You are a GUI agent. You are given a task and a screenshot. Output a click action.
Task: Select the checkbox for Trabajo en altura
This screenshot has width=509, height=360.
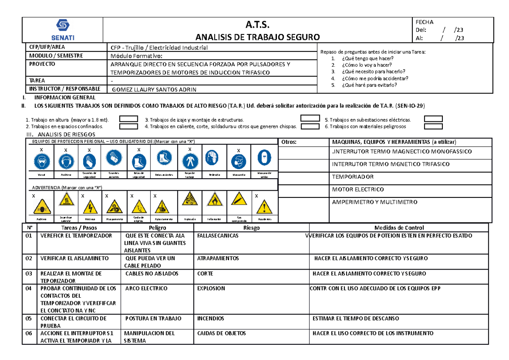click(129, 119)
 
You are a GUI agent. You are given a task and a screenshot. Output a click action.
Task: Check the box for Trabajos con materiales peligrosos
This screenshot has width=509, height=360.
click(433, 126)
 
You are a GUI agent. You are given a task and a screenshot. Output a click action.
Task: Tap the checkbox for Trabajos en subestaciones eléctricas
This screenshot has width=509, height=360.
click(433, 119)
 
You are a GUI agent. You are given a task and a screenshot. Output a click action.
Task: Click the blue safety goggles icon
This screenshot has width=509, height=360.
click(42, 160)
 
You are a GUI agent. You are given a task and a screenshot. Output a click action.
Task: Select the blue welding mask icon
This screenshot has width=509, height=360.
click(263, 160)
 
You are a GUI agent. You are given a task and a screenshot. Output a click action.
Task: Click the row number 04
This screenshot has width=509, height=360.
click(28, 288)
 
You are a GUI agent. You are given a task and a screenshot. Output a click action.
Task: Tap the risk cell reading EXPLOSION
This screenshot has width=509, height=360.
click(211, 288)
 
